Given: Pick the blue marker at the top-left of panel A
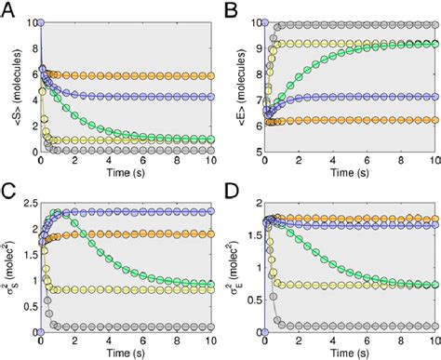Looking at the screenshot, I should click(x=40, y=20).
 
